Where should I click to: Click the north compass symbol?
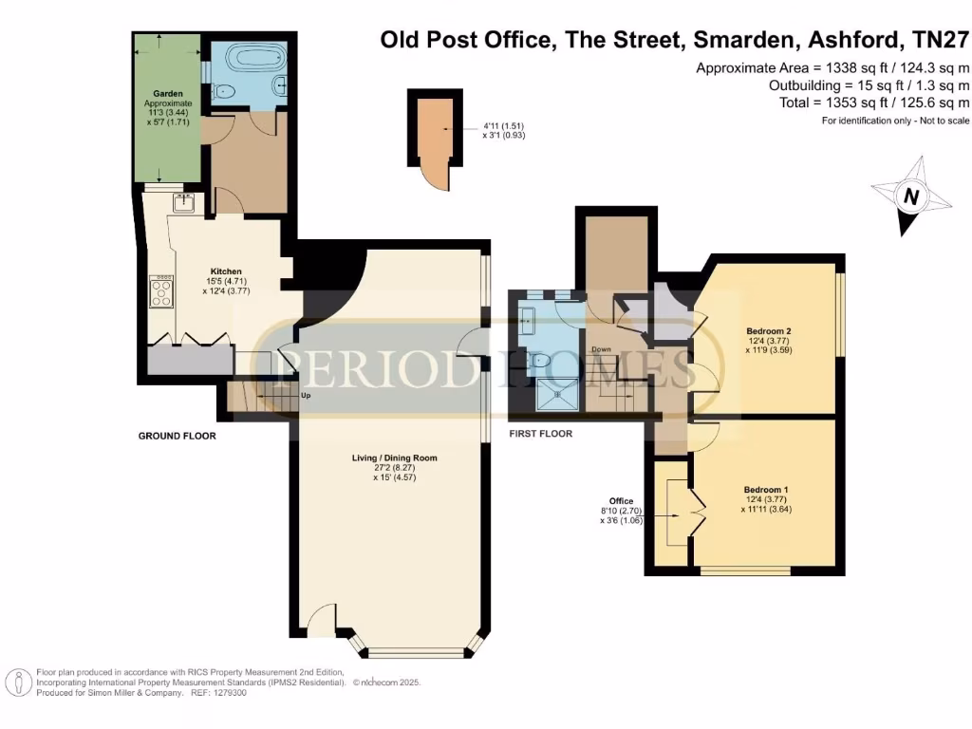coord(910,196)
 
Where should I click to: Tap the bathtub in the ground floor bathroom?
coord(241,56)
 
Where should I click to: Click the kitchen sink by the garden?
coord(182,202)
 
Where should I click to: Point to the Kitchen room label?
coord(226,271)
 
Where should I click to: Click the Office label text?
coord(621,500)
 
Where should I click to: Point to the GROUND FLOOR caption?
coord(178,437)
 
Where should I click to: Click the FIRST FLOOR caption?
coord(541,434)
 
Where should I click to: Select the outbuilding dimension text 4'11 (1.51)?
coord(503,126)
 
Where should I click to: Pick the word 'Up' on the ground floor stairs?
coord(305,395)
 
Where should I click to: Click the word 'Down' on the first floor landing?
coord(601,349)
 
